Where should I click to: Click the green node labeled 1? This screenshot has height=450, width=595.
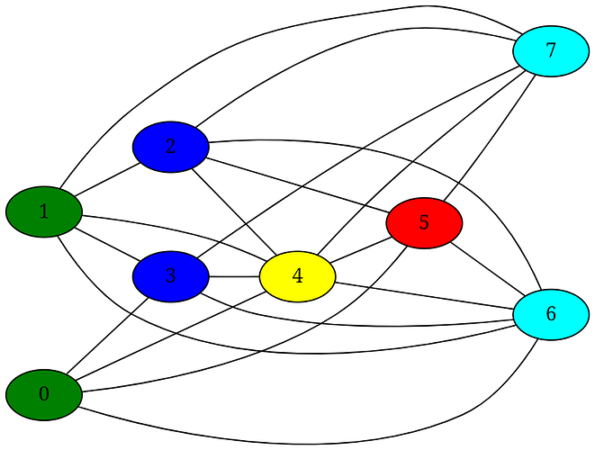43,212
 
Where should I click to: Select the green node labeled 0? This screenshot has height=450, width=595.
43,394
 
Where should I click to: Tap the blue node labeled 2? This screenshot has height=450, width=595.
170,146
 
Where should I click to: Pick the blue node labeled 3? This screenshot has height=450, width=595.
170,276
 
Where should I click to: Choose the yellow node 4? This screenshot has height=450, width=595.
297,276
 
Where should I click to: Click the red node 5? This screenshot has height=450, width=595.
424,221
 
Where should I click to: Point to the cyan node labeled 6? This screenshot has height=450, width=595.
551,314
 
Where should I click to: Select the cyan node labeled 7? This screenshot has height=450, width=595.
551,51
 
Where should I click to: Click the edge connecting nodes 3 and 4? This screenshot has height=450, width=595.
233,276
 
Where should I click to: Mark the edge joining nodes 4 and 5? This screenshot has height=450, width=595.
360,249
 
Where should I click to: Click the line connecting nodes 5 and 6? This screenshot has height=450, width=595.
487,267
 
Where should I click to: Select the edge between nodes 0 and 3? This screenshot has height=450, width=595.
107,335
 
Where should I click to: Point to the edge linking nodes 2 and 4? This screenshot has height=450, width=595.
233,211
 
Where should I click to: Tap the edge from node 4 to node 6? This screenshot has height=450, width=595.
423,295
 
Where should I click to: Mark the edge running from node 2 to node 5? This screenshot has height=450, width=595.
297,184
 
